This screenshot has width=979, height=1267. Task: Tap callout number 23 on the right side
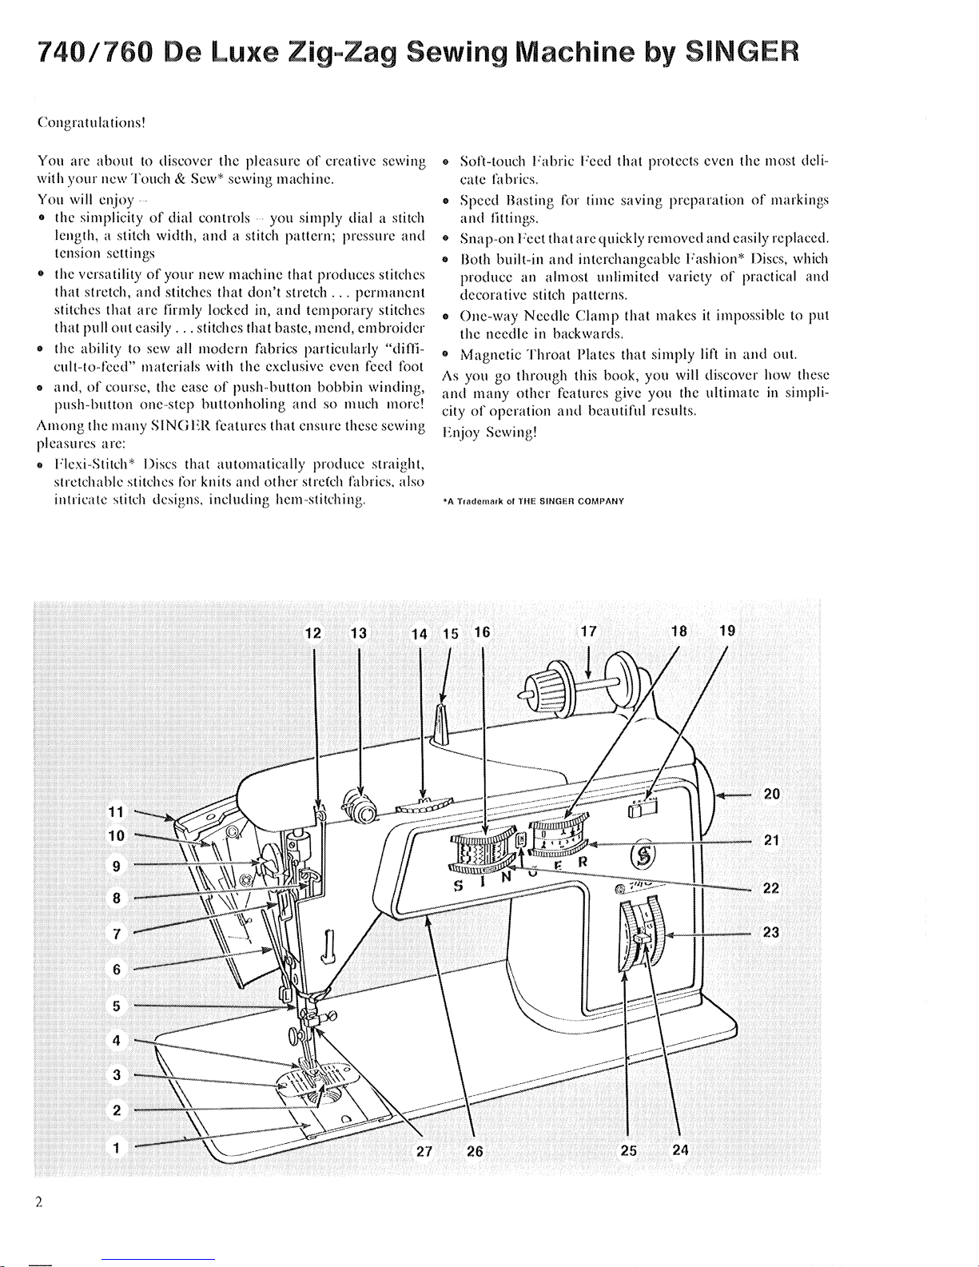[770, 932]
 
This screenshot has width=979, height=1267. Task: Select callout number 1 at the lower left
[117, 1148]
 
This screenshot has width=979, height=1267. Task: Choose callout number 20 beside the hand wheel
[771, 794]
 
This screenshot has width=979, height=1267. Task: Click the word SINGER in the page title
[741, 56]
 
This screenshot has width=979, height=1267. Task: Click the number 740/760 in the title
[79, 56]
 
